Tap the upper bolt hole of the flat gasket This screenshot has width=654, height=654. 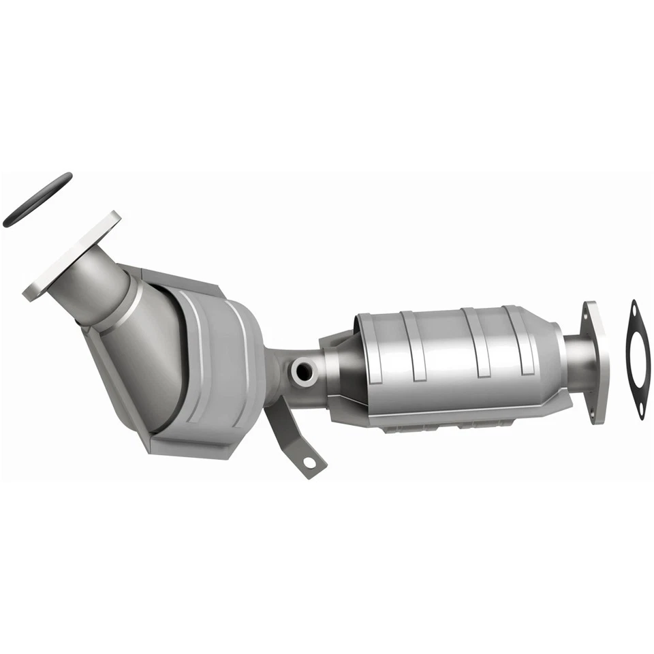click(634, 314)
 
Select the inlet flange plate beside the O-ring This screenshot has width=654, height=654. click(72, 255)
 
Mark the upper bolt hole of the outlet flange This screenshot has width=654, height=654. click(587, 315)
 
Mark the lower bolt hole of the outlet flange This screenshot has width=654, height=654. click(598, 411)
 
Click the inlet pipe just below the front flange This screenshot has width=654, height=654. click(102, 286)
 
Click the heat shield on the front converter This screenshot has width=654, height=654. click(211, 368)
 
